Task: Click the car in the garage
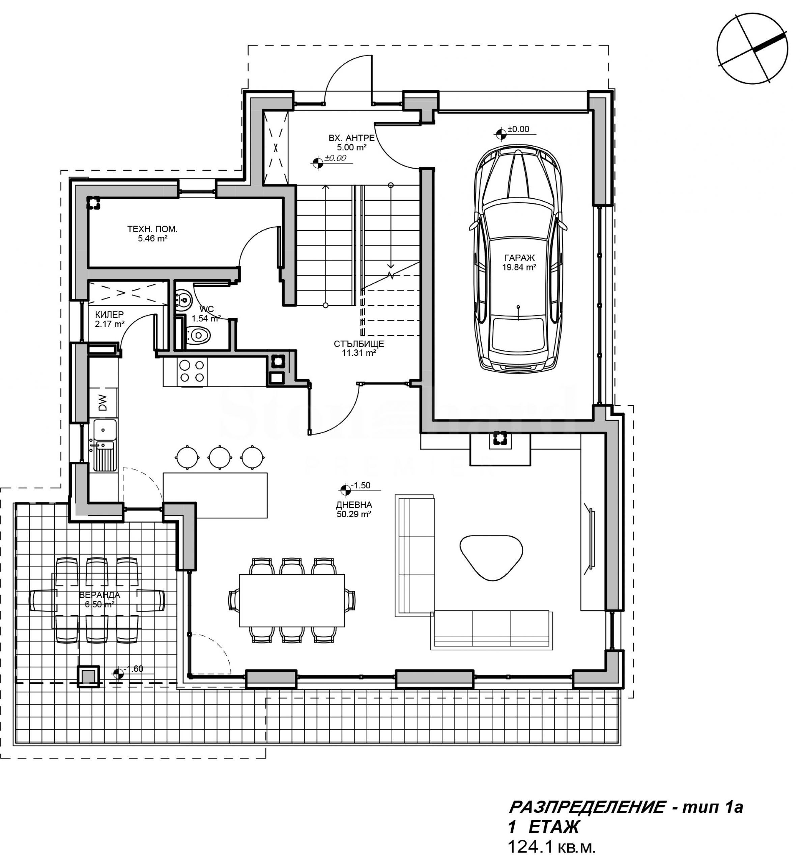[518, 259]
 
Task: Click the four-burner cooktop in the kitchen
[192, 371]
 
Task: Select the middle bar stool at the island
[220, 457]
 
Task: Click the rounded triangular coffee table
[491, 556]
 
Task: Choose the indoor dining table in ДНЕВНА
[292, 600]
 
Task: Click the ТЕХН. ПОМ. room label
[152, 229]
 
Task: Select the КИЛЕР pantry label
[109, 314]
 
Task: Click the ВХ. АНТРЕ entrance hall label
[351, 138]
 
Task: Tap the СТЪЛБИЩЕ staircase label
[359, 344]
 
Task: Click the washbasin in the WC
[183, 299]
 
